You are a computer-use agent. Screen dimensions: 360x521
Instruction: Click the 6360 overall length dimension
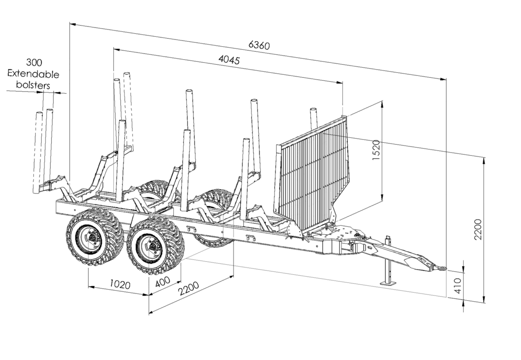point(259,45)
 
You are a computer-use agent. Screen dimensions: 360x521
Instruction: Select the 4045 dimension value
point(229,60)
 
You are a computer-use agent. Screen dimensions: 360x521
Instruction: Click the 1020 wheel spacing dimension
point(119,285)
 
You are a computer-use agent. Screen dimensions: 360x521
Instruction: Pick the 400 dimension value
point(162,282)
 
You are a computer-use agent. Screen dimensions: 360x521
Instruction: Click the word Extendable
point(33,74)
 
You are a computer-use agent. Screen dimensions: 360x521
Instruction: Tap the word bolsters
point(33,84)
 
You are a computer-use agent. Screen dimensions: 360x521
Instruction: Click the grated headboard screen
point(312,173)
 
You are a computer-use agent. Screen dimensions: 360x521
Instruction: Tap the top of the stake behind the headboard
point(313,110)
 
